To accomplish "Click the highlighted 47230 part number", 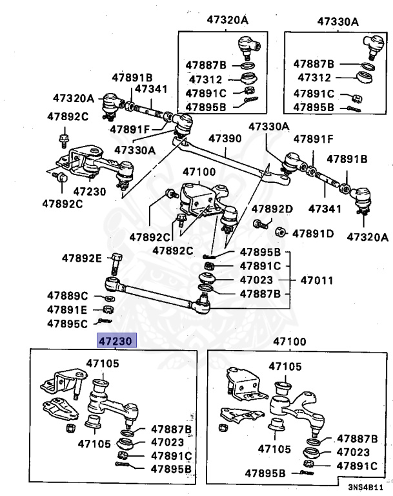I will (114, 340).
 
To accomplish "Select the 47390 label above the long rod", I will (225, 139).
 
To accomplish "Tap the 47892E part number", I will (82, 258).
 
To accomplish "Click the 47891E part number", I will (67, 309).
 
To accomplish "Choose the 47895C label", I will (67, 323).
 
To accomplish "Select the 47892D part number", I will (272, 209).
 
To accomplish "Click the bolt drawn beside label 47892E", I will (116, 264).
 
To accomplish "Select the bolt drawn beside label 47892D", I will (261, 224).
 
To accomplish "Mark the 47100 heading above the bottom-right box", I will (290, 340).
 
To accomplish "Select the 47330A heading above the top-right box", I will (338, 21).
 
